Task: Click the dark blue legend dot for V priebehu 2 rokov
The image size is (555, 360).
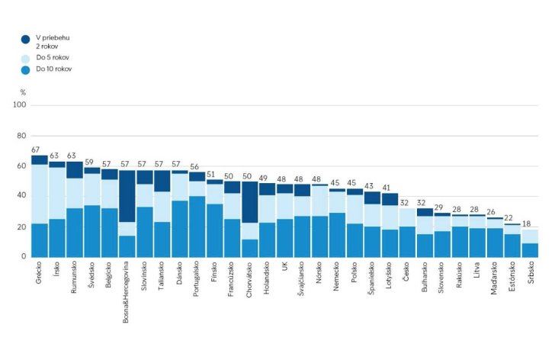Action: tap(25, 39)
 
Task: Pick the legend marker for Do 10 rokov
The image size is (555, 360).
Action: tap(25, 70)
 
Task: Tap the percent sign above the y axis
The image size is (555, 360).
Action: tap(23, 92)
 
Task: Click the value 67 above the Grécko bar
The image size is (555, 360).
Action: tap(36, 150)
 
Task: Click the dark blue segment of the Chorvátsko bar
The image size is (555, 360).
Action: tap(250, 202)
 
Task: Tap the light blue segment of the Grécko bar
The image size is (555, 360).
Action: tap(40, 194)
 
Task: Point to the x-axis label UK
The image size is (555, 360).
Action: tap(285, 268)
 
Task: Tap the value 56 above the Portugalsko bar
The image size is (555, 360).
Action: tap(196, 166)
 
